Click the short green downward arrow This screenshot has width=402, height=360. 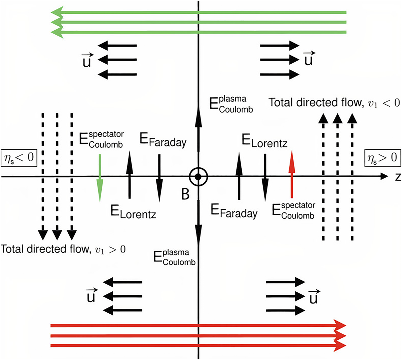[x=100, y=178]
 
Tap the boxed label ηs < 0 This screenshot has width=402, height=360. [x=19, y=157]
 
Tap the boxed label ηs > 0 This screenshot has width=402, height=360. [x=382, y=157]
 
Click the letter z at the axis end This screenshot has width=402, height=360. [x=398, y=177]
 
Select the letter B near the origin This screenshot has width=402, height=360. [x=185, y=194]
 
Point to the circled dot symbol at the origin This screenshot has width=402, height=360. [x=198, y=177]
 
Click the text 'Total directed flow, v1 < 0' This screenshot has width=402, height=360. [x=334, y=103]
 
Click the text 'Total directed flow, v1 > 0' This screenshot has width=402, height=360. [x=63, y=249]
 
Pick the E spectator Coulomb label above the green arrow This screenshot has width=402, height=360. [x=101, y=139]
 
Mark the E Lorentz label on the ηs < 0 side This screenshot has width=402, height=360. [x=133, y=212]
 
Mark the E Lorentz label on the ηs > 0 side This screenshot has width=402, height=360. [x=264, y=141]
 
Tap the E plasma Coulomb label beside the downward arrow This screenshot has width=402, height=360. [x=175, y=258]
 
